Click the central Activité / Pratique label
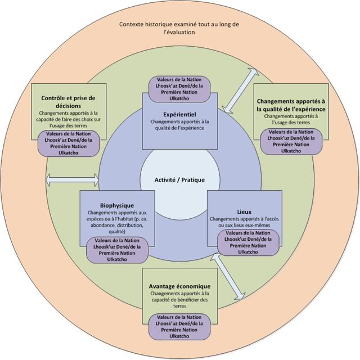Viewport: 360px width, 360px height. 179,180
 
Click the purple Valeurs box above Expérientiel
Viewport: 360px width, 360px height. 179,88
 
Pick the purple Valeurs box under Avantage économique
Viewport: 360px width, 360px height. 179,326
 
